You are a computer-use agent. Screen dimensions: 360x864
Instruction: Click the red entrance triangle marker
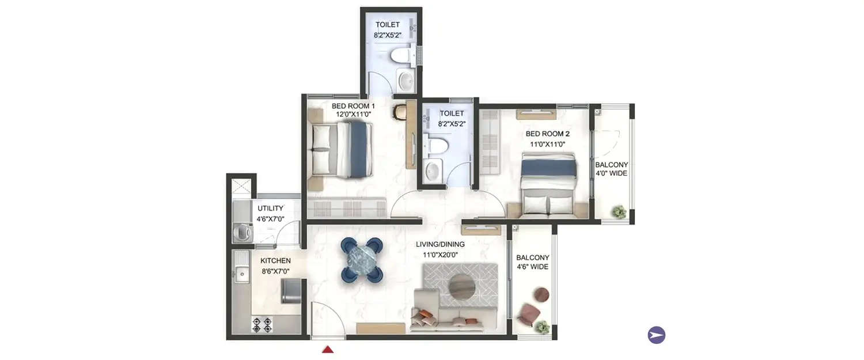pos(328,349)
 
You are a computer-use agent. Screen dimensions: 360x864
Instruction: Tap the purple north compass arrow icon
pos(657,335)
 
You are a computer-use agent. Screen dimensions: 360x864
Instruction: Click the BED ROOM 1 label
pos(353,110)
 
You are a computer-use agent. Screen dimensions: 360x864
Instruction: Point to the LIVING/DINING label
pos(441,248)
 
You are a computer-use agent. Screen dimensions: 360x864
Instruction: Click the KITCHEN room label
pos(275,266)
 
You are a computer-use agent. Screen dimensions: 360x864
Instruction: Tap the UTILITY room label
pos(271,213)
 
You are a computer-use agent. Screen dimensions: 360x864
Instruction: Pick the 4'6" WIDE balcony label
pos(532,262)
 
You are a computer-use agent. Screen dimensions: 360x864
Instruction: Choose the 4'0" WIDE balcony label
pos(612,169)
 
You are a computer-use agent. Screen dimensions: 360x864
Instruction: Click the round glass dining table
pos(362,260)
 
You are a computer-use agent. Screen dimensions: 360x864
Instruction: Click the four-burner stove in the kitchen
pos(263,325)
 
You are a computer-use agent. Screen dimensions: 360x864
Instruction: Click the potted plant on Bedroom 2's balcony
pos(619,212)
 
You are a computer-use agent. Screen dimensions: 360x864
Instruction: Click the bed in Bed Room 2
pos(548,184)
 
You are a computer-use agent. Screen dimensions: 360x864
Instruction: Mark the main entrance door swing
pos(327,320)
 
